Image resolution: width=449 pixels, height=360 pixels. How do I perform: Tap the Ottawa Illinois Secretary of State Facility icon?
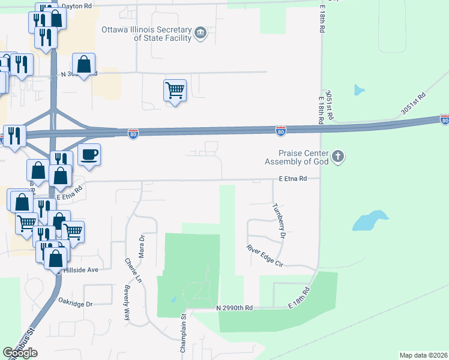point(201,32)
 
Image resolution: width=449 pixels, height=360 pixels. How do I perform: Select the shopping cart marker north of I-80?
point(175,91)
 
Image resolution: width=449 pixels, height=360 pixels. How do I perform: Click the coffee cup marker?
point(89,155)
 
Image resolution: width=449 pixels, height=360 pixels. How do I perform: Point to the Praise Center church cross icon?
point(339,157)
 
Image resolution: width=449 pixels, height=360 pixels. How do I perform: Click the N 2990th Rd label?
point(235,308)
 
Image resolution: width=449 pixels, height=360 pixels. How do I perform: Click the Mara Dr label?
point(142,247)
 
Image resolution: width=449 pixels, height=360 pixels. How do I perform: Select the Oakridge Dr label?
point(76,304)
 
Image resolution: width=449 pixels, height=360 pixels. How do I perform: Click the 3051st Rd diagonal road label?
point(413,104)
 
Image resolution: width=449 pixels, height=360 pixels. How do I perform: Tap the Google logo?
point(20,353)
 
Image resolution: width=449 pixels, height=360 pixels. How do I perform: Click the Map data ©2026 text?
point(423,355)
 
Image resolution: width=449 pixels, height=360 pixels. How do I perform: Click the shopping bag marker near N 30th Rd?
point(83,64)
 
